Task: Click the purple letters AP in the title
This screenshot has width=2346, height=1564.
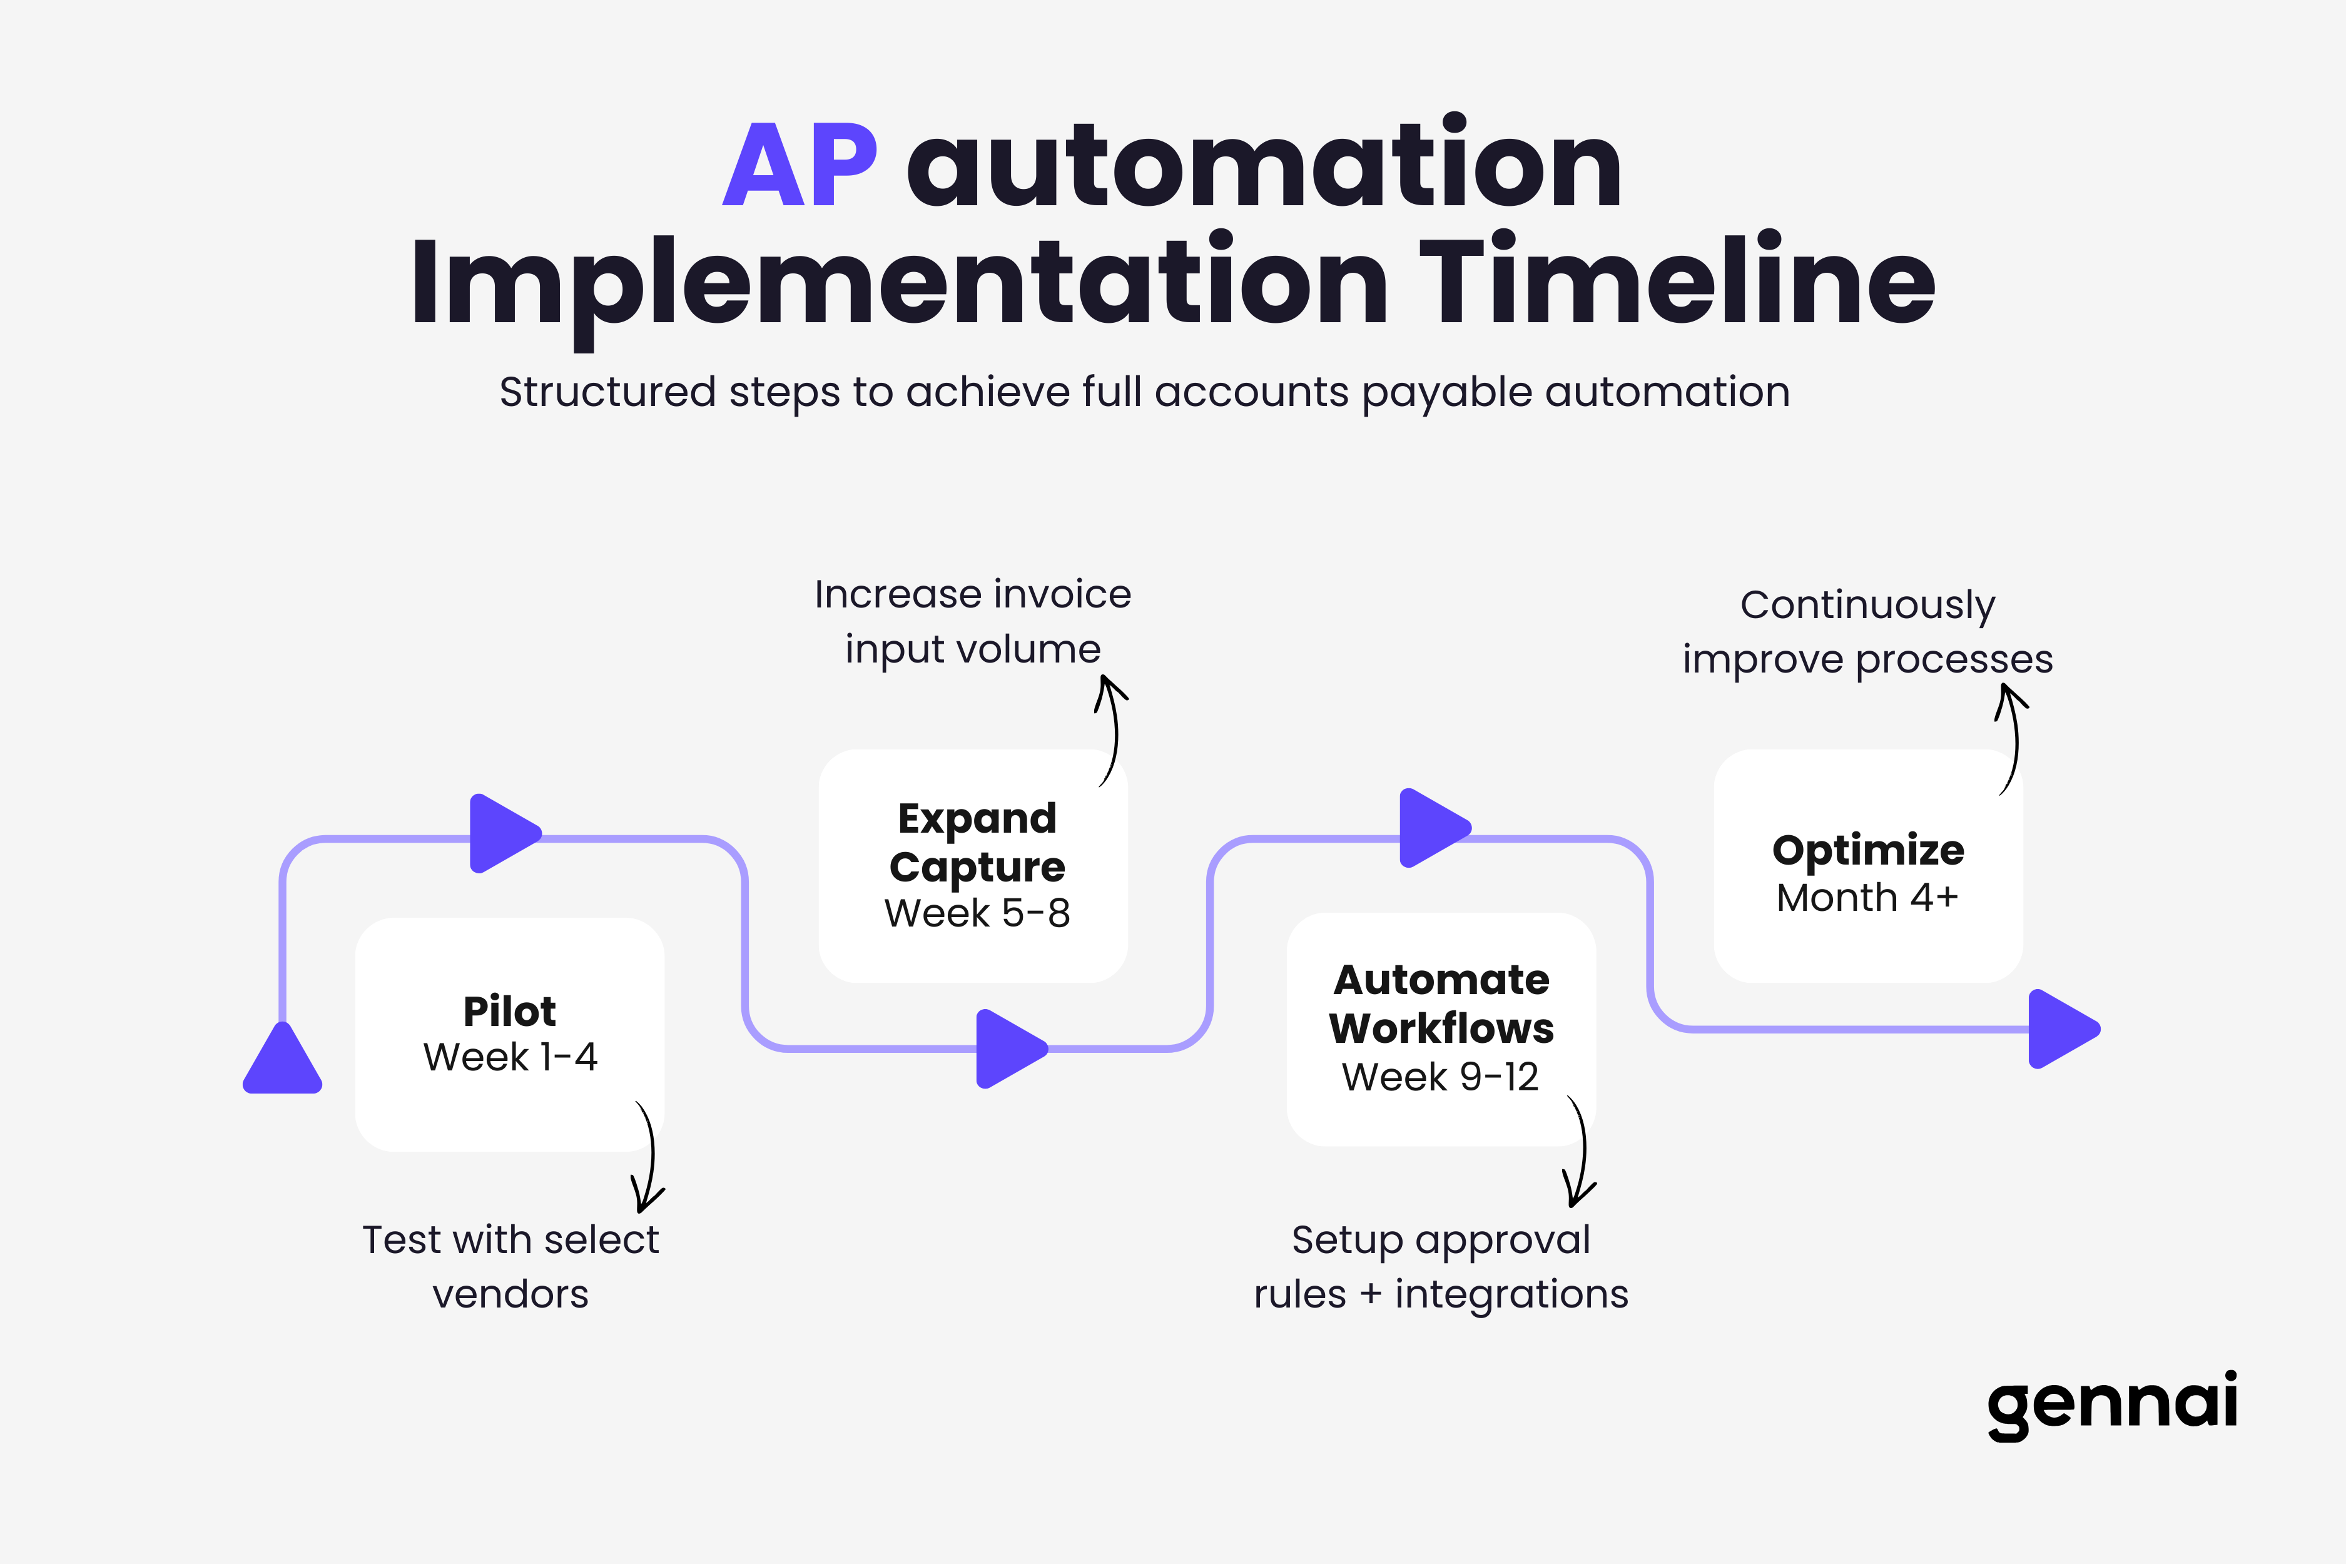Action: [x=799, y=166]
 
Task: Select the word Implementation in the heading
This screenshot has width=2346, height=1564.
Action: [x=898, y=284]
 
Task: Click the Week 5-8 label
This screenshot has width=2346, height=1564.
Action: [x=977, y=913]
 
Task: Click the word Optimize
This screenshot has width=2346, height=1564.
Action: [x=1867, y=850]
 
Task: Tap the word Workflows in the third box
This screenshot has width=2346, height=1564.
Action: [x=1440, y=1028]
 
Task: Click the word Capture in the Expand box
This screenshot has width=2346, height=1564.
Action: [x=977, y=867]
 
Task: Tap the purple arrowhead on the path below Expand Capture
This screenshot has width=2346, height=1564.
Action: [x=1007, y=1049]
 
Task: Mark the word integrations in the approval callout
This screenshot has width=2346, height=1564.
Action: [x=1510, y=1295]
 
